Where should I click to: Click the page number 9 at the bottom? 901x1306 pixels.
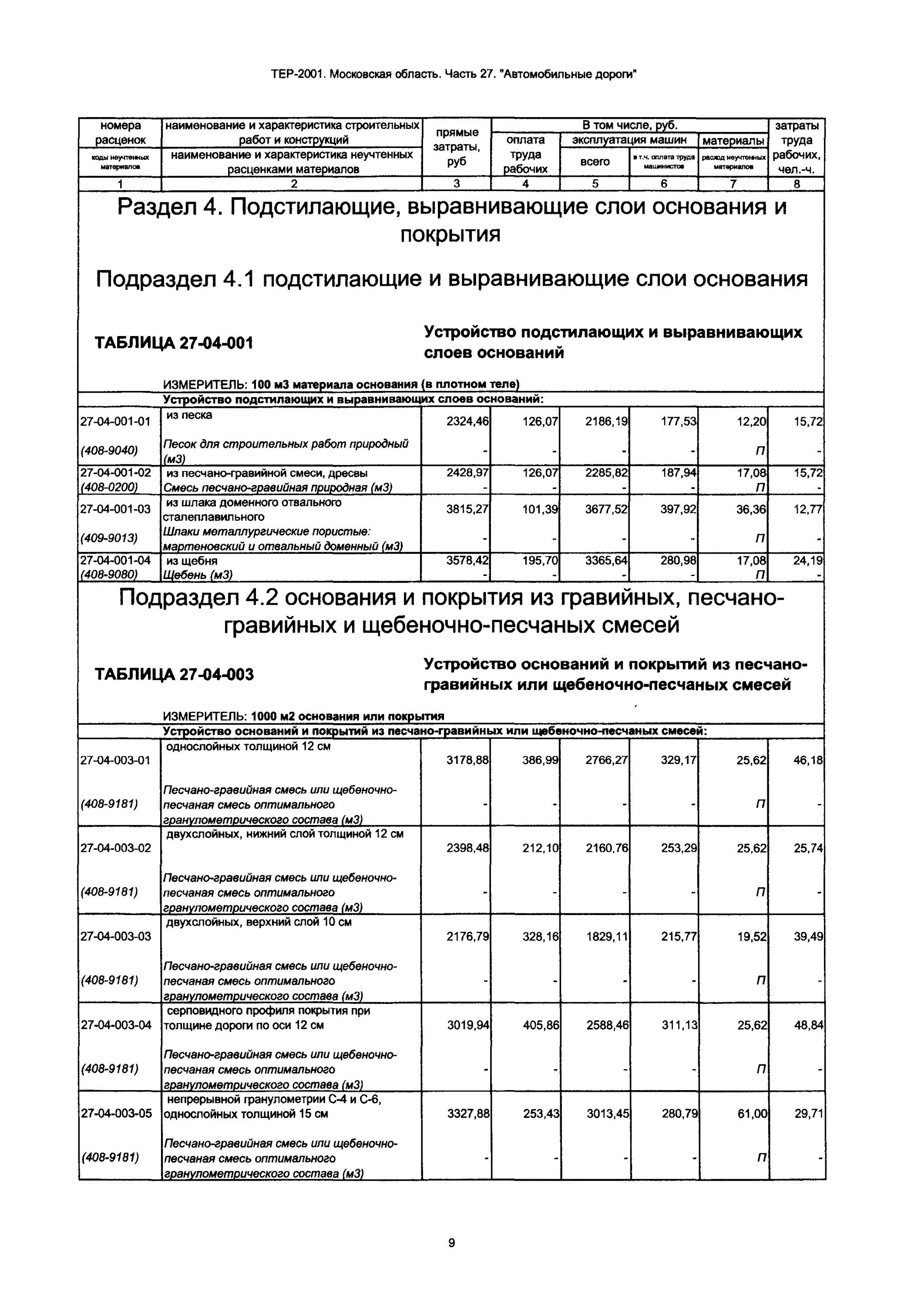[451, 1242]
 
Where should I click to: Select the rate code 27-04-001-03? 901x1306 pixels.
[116, 509]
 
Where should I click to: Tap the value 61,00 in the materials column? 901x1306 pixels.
[751, 1114]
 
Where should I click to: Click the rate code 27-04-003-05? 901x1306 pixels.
[116, 1114]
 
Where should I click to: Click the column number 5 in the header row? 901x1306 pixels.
[595, 184]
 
